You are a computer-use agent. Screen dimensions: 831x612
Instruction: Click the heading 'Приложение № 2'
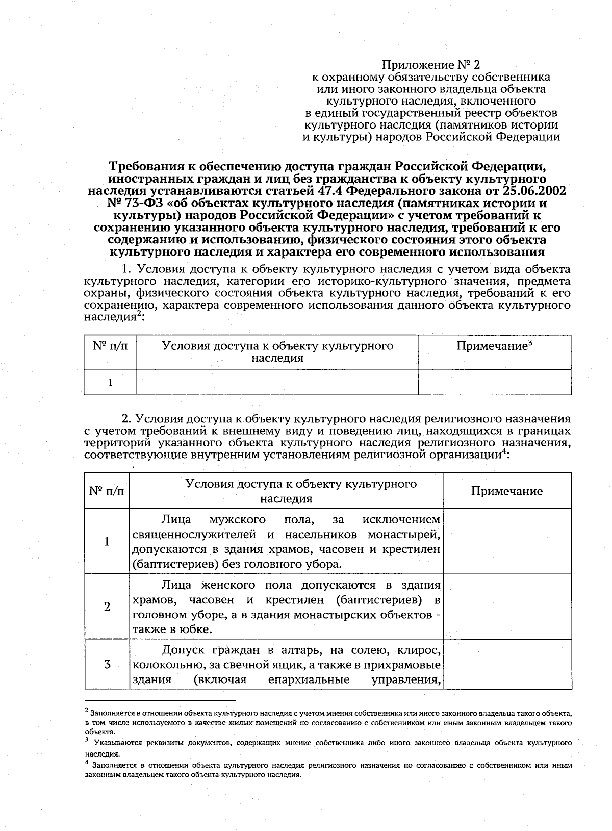[x=431, y=65]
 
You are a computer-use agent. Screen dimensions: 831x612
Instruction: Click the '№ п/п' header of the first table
[x=110, y=346]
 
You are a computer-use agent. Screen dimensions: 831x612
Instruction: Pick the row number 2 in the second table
[x=107, y=607]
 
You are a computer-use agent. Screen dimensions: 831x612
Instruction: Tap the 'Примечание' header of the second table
[x=506, y=491]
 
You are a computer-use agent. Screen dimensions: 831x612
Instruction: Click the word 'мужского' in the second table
[x=238, y=520]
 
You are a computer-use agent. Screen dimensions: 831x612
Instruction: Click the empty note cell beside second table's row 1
[x=506, y=542]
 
